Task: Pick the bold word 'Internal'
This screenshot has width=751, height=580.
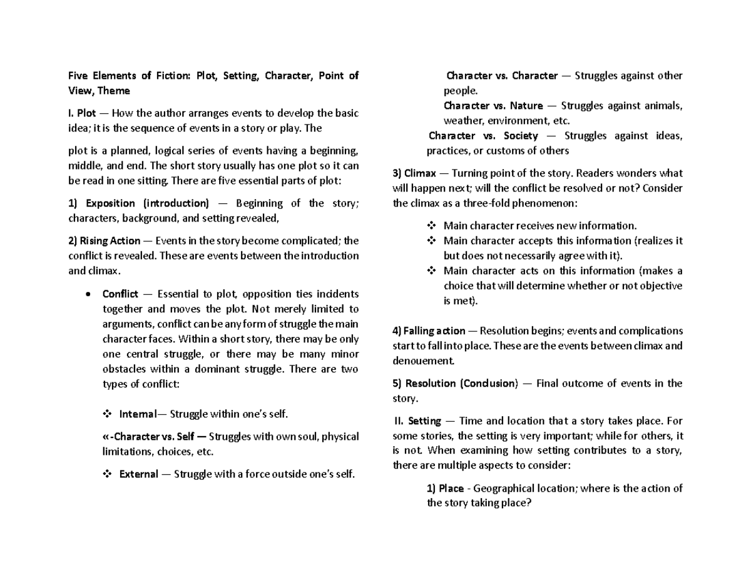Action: point(134,414)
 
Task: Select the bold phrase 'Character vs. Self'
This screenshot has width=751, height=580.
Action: point(137,437)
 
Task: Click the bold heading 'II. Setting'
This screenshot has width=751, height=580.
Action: point(417,421)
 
